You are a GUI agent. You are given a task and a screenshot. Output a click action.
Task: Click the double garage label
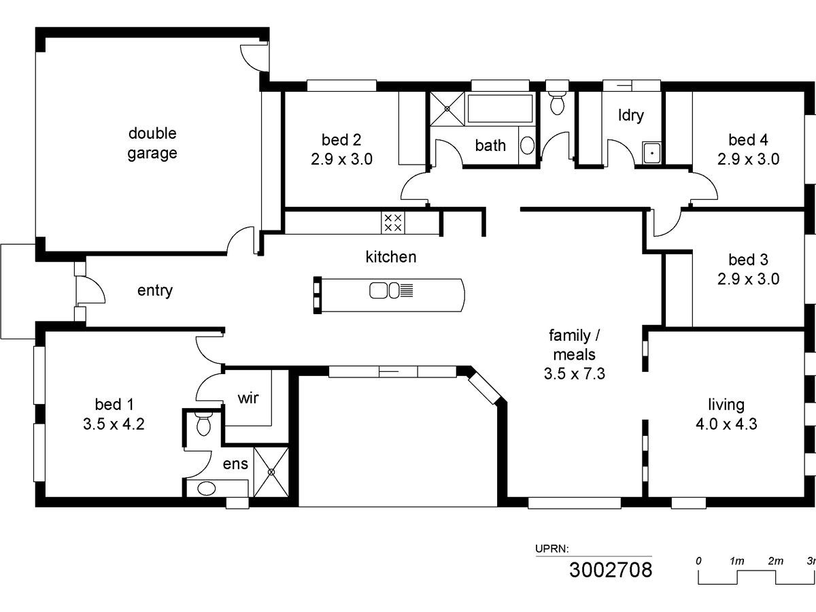(152, 143)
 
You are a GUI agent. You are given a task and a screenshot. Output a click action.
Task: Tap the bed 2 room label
(341, 139)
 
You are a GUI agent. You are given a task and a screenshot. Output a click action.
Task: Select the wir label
(248, 398)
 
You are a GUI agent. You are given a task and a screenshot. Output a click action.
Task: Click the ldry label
(631, 115)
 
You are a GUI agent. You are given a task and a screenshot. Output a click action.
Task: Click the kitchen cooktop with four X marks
(393, 222)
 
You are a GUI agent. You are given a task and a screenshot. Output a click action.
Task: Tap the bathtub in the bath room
(500, 108)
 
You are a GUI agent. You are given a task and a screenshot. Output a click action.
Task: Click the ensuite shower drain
(271, 472)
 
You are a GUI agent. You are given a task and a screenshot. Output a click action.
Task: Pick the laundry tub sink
(652, 152)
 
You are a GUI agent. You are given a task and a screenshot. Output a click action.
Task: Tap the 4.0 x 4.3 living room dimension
(726, 424)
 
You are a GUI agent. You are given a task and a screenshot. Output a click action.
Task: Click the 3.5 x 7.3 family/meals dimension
(575, 373)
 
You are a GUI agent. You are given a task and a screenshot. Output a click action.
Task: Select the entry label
(155, 290)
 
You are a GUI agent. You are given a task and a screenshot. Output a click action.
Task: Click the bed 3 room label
(748, 260)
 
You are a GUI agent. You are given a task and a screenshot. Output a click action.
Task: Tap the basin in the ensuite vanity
(206, 488)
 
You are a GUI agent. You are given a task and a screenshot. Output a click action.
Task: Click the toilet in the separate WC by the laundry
(557, 103)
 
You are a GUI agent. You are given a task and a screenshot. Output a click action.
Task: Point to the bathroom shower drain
(447, 109)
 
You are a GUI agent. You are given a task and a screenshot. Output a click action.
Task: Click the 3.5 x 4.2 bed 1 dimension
(114, 424)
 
